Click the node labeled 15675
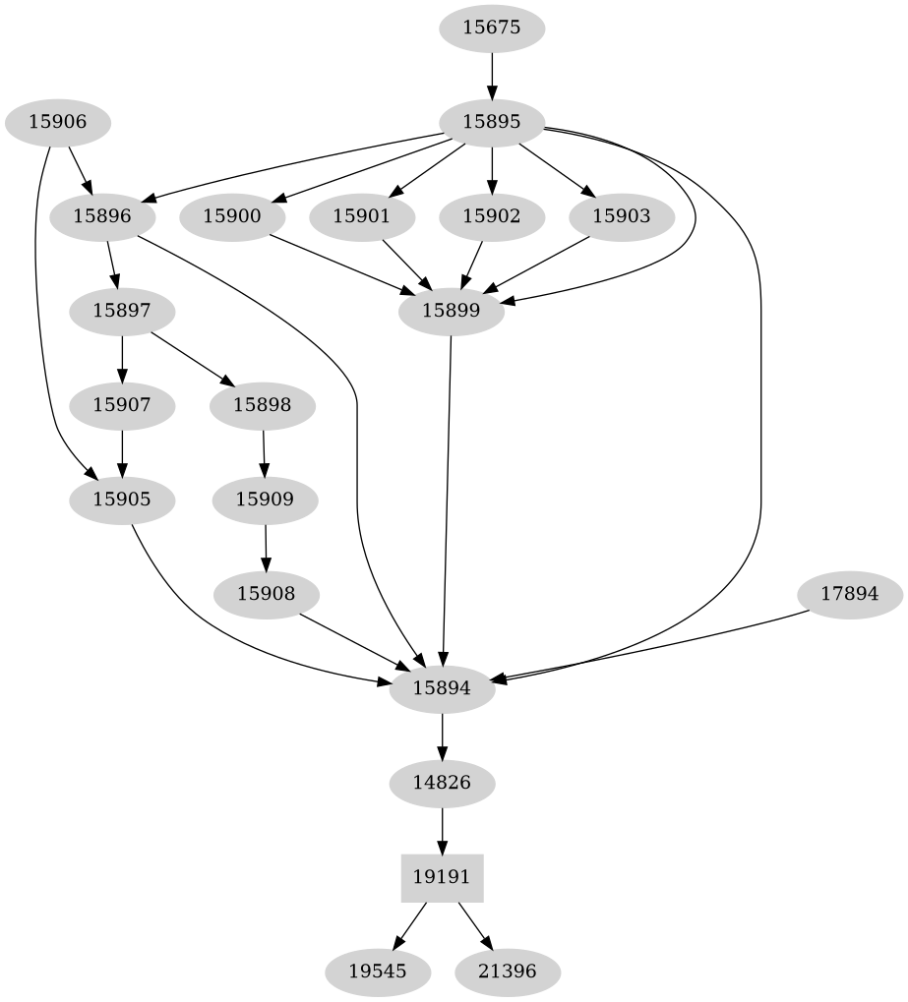[x=491, y=28]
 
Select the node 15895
[x=491, y=122]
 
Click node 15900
[x=231, y=216]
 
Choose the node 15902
[x=491, y=216]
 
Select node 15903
[x=621, y=216]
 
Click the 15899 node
[x=451, y=311]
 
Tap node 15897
[x=122, y=311]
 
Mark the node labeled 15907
[x=122, y=404]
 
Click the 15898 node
[x=263, y=404]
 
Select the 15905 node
[x=122, y=499]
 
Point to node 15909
[x=265, y=499]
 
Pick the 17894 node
[x=849, y=594]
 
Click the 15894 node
[x=443, y=688]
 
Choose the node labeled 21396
[x=509, y=972]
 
